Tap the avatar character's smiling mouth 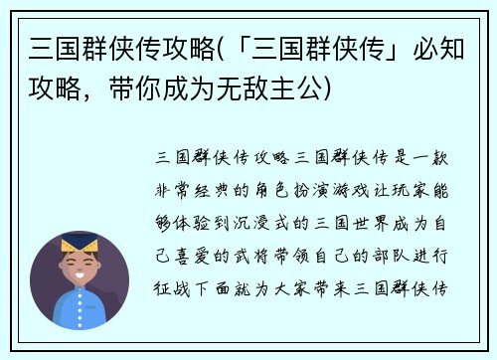(x=80, y=277)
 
